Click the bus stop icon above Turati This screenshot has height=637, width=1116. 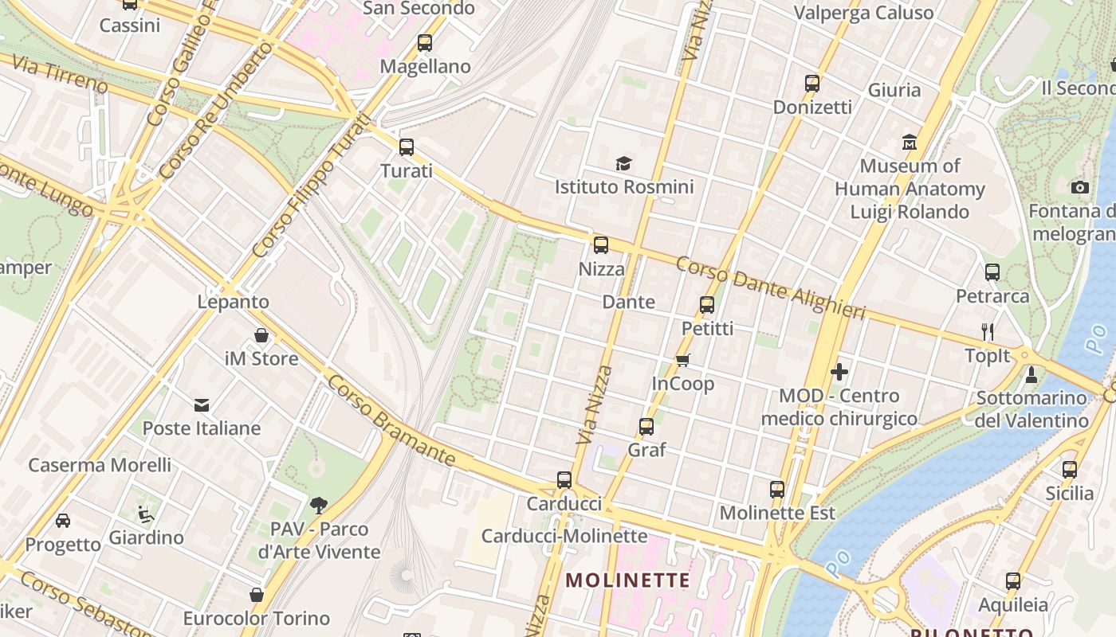pyautogui.click(x=407, y=147)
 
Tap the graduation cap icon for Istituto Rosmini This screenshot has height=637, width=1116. pyautogui.click(x=623, y=163)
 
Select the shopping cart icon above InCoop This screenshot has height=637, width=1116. pyautogui.click(x=682, y=360)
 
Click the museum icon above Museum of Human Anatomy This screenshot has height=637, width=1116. pyautogui.click(x=910, y=143)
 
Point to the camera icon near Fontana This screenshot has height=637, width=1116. pyautogui.click(x=1080, y=188)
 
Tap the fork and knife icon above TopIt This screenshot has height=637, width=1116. pyautogui.click(x=988, y=331)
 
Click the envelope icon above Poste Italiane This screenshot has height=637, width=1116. pyautogui.click(x=202, y=405)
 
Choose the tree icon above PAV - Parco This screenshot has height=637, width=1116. pyautogui.click(x=319, y=505)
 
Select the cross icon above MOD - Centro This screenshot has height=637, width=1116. pyautogui.click(x=839, y=372)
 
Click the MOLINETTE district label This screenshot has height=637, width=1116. pyautogui.click(x=627, y=580)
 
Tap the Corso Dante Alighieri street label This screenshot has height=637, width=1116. pyautogui.click(x=770, y=287)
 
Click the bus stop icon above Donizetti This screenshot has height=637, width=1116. pyautogui.click(x=812, y=83)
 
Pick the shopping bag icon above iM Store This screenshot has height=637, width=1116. pyautogui.click(x=261, y=335)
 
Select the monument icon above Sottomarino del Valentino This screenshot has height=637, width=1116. pyautogui.click(x=1032, y=374)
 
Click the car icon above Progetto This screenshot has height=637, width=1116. pyautogui.click(x=63, y=521)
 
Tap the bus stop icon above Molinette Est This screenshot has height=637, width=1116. pyautogui.click(x=777, y=490)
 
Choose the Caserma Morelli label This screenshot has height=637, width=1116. pyautogui.click(x=100, y=465)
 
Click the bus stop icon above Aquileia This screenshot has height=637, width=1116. pyautogui.click(x=1013, y=581)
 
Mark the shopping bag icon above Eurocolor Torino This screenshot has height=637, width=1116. pyautogui.click(x=257, y=595)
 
